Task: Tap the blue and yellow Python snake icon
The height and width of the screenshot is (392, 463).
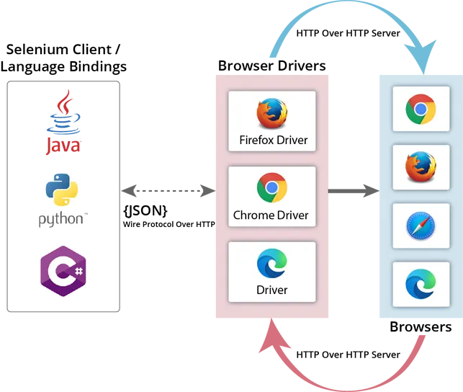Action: (63, 191)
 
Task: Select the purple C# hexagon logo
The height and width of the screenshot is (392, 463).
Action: (63, 269)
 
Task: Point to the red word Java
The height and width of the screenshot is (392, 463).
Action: (63, 146)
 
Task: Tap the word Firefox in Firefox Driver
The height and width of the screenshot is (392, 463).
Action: (256, 140)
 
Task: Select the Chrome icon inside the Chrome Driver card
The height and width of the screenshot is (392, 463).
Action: (272, 188)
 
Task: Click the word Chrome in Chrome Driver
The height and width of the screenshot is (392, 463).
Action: (252, 215)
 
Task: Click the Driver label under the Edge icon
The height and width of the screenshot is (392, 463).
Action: (272, 290)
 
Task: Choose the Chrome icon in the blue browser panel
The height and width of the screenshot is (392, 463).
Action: (420, 110)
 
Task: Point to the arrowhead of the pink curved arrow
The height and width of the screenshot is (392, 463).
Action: (272, 333)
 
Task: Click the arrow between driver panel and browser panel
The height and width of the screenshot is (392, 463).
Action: (354, 191)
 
